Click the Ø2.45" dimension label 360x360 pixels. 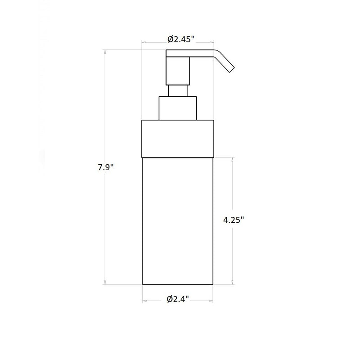tap(181, 39)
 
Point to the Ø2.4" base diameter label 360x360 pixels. tap(178, 299)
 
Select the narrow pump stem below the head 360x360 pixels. tap(177, 90)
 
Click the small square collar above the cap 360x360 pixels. tap(177, 108)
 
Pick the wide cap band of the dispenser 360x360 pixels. tap(177, 138)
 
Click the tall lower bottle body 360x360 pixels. tap(177, 220)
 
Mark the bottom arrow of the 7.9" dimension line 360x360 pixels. tap(105, 283)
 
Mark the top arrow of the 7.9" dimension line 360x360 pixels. tap(105, 52)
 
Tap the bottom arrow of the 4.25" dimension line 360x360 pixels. tap(233, 283)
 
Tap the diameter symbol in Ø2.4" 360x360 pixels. tap(170, 299)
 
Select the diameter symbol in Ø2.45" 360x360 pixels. tap(171, 39)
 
